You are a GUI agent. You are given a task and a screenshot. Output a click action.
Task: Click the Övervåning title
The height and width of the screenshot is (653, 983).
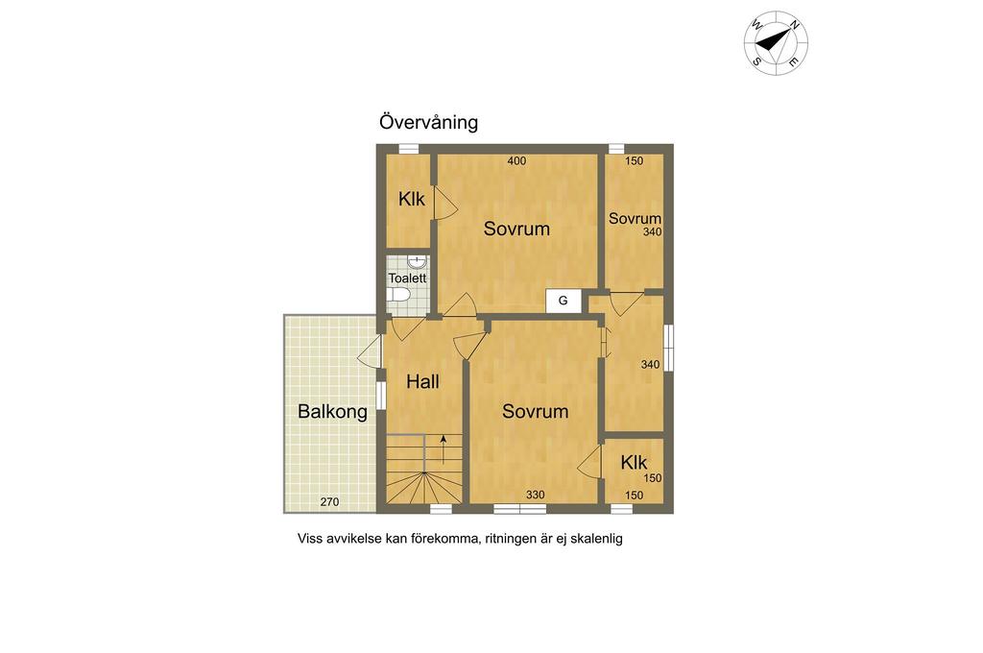428,122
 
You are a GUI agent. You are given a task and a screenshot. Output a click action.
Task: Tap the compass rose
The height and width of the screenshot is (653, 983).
776,42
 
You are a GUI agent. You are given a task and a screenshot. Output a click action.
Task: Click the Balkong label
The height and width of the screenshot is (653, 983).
332,412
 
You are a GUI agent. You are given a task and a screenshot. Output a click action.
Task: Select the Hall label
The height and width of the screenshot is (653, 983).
422,381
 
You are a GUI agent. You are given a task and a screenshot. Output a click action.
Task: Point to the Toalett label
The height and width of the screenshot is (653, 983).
407,278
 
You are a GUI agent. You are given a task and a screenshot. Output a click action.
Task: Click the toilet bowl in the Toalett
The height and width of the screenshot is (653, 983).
398,294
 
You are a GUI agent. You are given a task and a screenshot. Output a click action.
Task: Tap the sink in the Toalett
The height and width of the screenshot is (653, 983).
417,261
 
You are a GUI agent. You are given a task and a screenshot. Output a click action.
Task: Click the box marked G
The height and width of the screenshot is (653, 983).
563,301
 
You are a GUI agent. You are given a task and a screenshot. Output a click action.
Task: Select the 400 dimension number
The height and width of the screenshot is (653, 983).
516,160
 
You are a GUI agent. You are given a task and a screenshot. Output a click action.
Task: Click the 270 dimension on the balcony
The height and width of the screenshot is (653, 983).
330,502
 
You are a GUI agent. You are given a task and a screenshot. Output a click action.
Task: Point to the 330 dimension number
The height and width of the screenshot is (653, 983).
536,495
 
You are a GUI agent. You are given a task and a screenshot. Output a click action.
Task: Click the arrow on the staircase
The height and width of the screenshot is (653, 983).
444,448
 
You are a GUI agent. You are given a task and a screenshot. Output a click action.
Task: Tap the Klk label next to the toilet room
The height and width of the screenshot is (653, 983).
411,200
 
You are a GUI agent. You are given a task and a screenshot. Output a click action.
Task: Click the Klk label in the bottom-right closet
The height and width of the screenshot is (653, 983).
634,463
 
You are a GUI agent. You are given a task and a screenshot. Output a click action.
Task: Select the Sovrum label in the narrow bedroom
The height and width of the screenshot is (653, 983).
635,218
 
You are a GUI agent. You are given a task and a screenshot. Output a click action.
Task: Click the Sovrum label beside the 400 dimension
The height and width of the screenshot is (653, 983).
516,229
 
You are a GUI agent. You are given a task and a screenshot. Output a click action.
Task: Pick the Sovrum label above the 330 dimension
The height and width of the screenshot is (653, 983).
536,411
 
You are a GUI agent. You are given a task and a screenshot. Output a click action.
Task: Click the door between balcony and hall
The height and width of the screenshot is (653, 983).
370,351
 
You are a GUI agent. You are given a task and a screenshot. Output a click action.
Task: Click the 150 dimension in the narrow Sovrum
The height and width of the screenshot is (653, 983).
635,160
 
